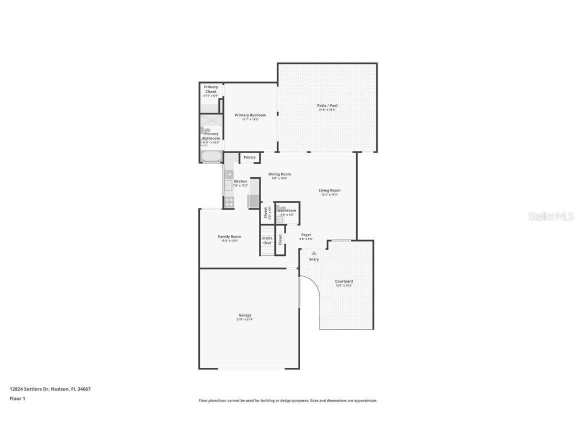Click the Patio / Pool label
pos(327,105)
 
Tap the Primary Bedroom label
pos(250,115)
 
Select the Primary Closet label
pos(210,89)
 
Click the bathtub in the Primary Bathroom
pos(211,156)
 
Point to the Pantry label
pos(249,157)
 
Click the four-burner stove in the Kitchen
pos(228,201)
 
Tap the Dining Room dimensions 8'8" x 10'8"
pos(279,178)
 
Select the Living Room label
pos(329,190)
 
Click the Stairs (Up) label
pos(267,240)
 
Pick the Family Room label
pos(229,236)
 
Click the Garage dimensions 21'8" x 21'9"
pos(244,319)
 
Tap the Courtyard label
pos(343,281)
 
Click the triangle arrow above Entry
pos(314,253)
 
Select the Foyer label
pos(306,234)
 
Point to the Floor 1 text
pos(17,398)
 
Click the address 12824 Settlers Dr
pos(29,388)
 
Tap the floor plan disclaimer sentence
pos(288,400)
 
